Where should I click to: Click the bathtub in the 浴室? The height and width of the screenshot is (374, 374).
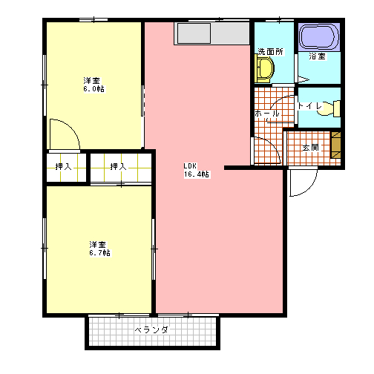click(319, 37)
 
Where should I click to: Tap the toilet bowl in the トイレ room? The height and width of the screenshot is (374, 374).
click(329, 108)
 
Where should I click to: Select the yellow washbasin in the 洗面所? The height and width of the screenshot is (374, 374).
click(264, 69)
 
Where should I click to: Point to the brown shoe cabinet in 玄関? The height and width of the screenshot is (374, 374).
click(336, 145)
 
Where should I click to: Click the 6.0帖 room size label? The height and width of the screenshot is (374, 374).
click(94, 88)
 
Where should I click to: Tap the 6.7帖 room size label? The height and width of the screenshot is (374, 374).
click(100, 253)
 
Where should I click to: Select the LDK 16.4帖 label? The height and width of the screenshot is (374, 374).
click(197, 170)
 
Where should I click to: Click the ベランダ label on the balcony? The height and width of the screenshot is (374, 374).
click(151, 330)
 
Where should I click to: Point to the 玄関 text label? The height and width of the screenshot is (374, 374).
click(311, 148)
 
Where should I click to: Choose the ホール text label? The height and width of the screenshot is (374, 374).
click(267, 114)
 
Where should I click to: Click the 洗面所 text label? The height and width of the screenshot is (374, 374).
click(271, 52)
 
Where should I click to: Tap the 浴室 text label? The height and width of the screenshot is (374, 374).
click(317, 56)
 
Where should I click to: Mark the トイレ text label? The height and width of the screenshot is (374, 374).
click(310, 106)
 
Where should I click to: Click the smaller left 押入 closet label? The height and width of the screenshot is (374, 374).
click(64, 167)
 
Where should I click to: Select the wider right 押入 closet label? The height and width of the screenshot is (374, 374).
click(119, 167)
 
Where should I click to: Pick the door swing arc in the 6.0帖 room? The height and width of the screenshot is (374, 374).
click(71, 127)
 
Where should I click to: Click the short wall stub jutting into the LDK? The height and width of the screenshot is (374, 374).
click(237, 168)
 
